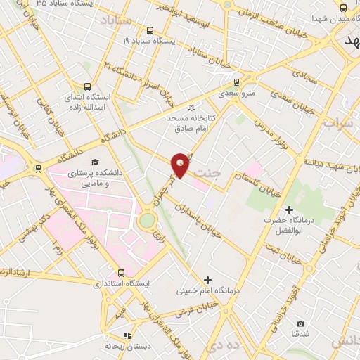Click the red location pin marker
click(x=181, y=165)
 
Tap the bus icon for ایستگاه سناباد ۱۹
click(x=150, y=30)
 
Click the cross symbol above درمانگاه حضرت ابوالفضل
click(x=289, y=210)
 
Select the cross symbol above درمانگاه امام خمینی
click(x=207, y=280)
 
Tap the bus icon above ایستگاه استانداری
click(x=122, y=273)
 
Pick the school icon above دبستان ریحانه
click(x=127, y=335)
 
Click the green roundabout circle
click(x=147, y=221)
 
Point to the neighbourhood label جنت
click(x=209, y=171)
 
